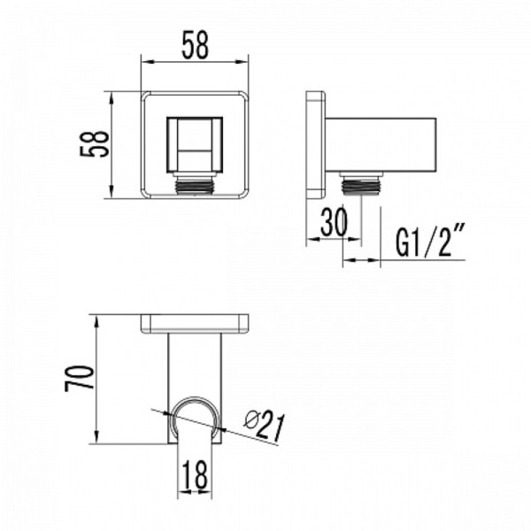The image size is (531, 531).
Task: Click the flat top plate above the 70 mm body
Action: coord(196,324)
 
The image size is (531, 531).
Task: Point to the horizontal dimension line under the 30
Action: coord(333,241)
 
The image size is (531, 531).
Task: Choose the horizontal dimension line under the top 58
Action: coord(194,62)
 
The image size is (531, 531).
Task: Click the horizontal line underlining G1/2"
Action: coord(425,260)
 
